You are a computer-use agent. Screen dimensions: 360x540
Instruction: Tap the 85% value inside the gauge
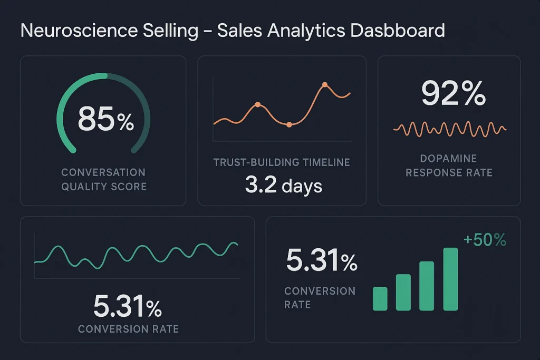(105, 119)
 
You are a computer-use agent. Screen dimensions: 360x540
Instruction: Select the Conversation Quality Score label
(103, 179)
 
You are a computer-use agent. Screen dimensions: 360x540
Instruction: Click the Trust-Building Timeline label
(282, 162)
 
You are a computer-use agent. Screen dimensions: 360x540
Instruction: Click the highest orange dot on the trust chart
(325, 85)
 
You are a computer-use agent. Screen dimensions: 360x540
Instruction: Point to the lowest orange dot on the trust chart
(289, 125)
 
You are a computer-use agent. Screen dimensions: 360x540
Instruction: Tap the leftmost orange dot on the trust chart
(257, 104)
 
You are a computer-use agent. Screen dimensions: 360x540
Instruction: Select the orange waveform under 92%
(450, 129)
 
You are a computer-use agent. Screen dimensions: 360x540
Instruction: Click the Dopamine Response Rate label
(449, 166)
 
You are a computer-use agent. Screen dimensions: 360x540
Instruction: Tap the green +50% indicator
(485, 240)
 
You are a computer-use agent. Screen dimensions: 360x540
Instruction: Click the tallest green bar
(450, 279)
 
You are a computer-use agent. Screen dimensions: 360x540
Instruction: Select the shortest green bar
(380, 299)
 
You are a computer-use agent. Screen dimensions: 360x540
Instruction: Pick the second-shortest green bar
(403, 293)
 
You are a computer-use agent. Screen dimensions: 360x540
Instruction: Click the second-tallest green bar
(427, 286)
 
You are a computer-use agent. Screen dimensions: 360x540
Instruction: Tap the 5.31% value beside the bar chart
(322, 261)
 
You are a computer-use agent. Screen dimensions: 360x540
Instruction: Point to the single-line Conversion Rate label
(128, 329)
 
